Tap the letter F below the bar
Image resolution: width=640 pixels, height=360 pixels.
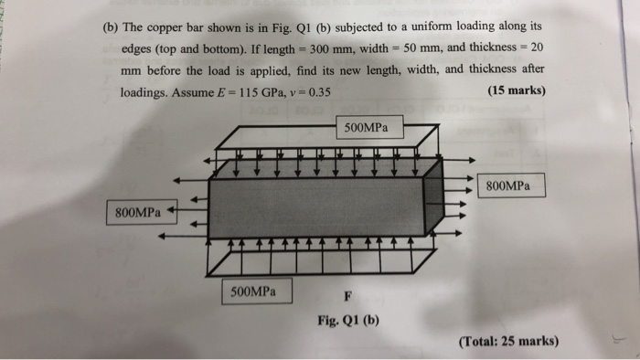click(x=347, y=296)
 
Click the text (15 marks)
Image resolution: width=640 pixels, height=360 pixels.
click(x=517, y=91)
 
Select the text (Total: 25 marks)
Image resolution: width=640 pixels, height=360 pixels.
click(x=507, y=341)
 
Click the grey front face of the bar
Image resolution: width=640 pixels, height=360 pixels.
click(x=320, y=206)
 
